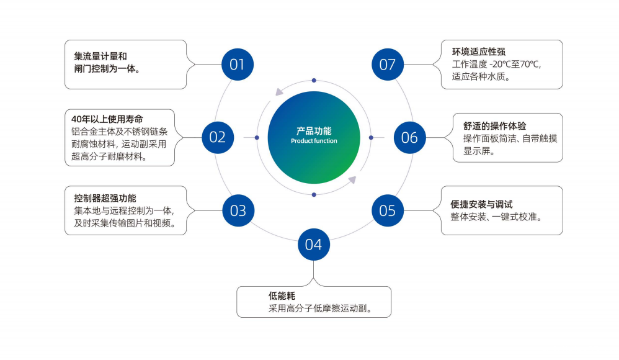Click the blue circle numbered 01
[x=238, y=65]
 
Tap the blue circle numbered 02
[x=218, y=137]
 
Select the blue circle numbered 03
[x=238, y=210]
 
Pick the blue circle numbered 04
[x=314, y=245]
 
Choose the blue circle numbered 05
[x=388, y=210]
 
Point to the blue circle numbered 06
[x=410, y=137]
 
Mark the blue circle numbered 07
[x=388, y=65]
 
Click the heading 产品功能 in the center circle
[x=314, y=131]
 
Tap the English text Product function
[x=314, y=142]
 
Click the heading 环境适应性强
[x=479, y=52]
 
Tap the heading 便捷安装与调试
[x=481, y=204]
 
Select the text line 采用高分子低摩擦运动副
[x=320, y=308]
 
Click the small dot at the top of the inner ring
[x=314, y=81]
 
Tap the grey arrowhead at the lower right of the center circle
[x=352, y=180]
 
